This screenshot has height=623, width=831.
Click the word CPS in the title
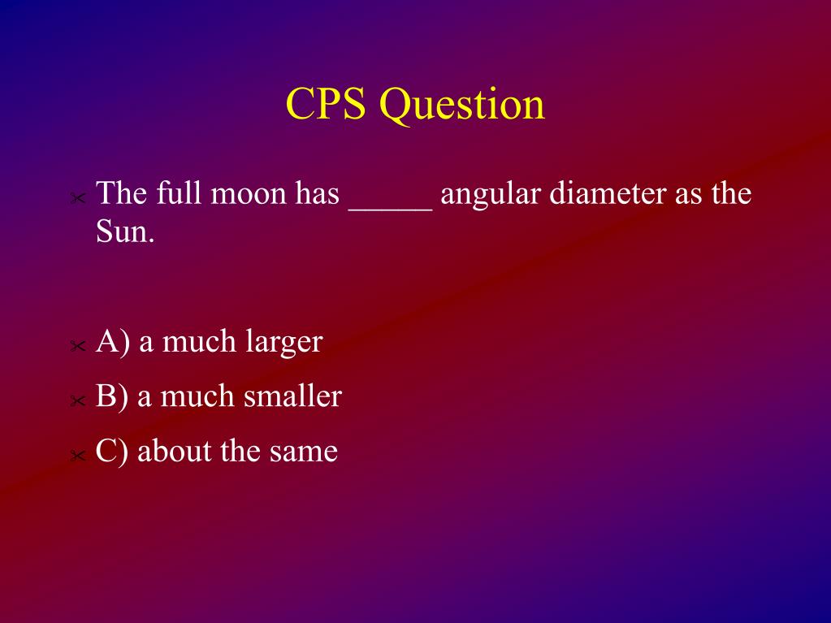(x=326, y=103)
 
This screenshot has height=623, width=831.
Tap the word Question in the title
(x=462, y=106)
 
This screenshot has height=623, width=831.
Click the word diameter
(x=608, y=193)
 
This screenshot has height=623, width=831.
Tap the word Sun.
(x=125, y=231)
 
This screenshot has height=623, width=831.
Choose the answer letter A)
(x=113, y=342)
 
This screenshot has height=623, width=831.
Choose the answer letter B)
(x=112, y=397)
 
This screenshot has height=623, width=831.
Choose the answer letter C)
(x=112, y=452)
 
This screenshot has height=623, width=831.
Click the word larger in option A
(x=283, y=342)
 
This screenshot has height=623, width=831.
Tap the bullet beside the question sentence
(x=77, y=198)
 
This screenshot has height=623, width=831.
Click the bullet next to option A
(x=77, y=346)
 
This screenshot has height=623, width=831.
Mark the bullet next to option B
(x=77, y=401)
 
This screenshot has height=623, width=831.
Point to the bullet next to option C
(x=77, y=455)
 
